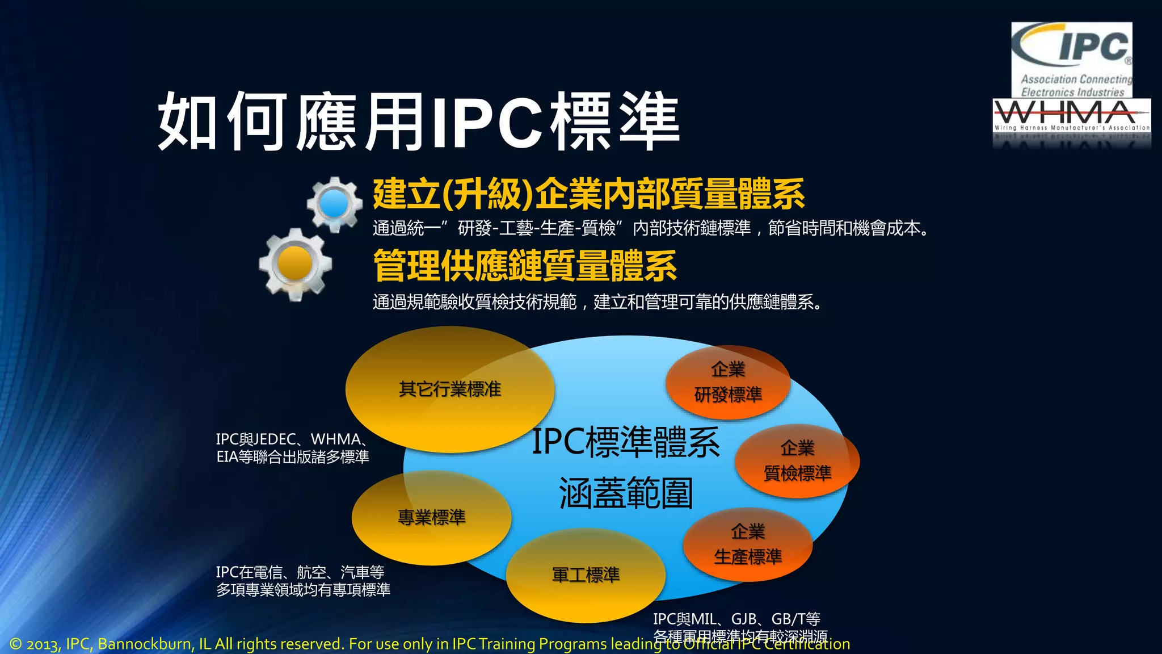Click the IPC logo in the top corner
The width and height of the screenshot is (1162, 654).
[1071, 60]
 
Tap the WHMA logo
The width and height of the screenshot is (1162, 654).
[1071, 116]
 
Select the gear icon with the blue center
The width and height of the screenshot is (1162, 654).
[334, 204]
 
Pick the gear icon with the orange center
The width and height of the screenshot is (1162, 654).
[295, 264]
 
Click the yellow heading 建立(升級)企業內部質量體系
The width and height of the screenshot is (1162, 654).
[588, 194]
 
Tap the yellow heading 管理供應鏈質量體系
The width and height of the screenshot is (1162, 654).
[525, 266]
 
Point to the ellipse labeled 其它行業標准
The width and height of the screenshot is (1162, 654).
[449, 389]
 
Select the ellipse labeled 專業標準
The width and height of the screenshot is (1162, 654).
[431, 517]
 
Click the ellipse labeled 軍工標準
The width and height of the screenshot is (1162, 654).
[586, 575]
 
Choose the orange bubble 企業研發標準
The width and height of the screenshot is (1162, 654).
[728, 382]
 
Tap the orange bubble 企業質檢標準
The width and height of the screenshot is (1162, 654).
[797, 460]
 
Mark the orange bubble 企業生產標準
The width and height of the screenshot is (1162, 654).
[748, 544]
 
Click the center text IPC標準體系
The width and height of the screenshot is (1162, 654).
[625, 442]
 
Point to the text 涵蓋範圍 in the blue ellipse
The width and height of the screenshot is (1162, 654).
[625, 493]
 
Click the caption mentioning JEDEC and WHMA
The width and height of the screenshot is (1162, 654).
[292, 448]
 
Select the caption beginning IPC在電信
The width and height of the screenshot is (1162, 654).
[302, 581]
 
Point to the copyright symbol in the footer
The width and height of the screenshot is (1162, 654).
[16, 644]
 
